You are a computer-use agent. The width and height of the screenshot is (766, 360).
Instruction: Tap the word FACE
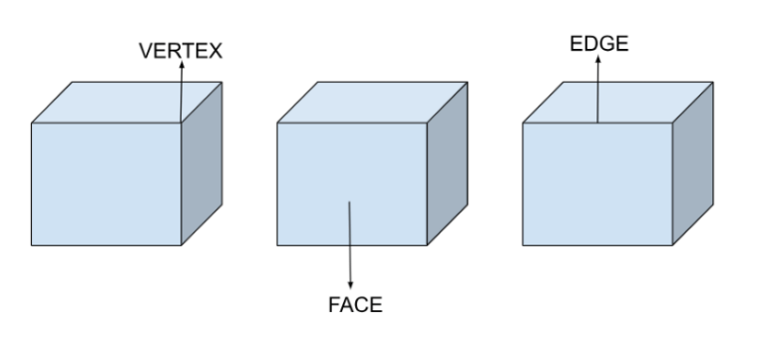tap(354, 305)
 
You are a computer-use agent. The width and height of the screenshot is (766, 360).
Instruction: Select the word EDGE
tap(598, 44)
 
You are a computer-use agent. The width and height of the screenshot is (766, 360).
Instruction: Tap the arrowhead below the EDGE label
tap(597, 60)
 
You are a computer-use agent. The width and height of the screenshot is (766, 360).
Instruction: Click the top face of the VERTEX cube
tap(127, 103)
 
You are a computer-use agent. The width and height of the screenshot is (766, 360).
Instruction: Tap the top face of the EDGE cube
tap(618, 103)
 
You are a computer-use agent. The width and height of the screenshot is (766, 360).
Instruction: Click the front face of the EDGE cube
tap(596, 183)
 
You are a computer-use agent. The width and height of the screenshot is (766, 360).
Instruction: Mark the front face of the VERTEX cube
tap(106, 183)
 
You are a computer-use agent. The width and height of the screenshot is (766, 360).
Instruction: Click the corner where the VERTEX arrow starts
tap(181, 123)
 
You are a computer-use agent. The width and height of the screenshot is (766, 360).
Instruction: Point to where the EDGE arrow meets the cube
tap(597, 123)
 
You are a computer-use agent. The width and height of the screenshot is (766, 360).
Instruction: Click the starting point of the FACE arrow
tap(350, 202)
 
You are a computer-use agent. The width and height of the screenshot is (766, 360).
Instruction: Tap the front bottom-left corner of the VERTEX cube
tap(32, 244)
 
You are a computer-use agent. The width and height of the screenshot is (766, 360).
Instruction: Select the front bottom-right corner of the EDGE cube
tap(671, 244)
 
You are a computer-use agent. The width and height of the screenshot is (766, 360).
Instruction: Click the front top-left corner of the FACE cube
tap(277, 123)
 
